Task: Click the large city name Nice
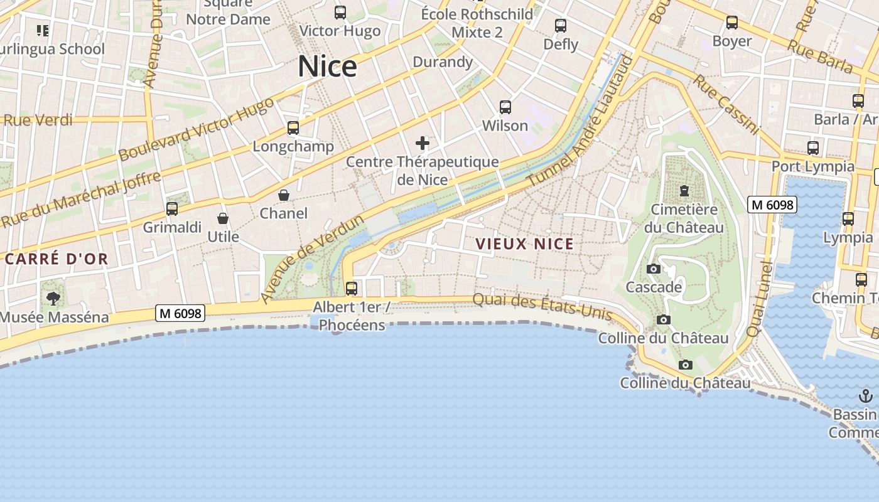pyautogui.click(x=327, y=66)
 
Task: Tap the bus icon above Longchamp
pyautogui.click(x=293, y=128)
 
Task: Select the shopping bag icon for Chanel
pyautogui.click(x=284, y=195)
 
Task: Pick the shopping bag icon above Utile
pyautogui.click(x=223, y=218)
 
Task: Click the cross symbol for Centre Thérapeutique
pyautogui.click(x=423, y=143)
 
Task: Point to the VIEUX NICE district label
pyautogui.click(x=524, y=244)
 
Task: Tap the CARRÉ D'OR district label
pyautogui.click(x=57, y=259)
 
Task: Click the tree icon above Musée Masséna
pyautogui.click(x=53, y=299)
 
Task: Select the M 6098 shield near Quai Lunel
pyautogui.click(x=772, y=205)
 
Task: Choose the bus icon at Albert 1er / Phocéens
pyautogui.click(x=352, y=288)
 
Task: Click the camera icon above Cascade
pyautogui.click(x=654, y=269)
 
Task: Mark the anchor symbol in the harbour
pyautogui.click(x=866, y=396)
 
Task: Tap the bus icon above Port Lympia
pyautogui.click(x=813, y=148)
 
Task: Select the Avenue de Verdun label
pyautogui.click(x=312, y=259)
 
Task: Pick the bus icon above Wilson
pyautogui.click(x=505, y=107)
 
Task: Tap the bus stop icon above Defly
pyautogui.click(x=561, y=26)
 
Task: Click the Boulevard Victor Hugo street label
pyautogui.click(x=196, y=129)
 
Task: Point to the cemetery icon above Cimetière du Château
pyautogui.click(x=684, y=190)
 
